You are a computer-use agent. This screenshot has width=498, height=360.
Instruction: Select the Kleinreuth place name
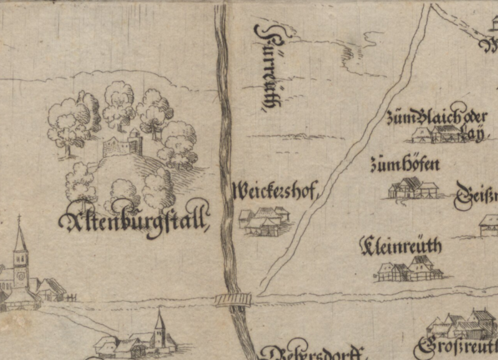coord(402,247)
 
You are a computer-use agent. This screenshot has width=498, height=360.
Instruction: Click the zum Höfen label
coord(405,164)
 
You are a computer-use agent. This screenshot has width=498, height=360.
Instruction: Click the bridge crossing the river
coord(233,300)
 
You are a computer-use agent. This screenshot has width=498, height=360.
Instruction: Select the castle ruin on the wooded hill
coord(124,144)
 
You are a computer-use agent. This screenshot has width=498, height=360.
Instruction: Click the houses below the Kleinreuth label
coord(410,268)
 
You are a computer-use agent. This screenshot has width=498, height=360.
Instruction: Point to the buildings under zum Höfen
coord(413,188)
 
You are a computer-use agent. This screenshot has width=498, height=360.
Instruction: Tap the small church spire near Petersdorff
coord(160,328)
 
